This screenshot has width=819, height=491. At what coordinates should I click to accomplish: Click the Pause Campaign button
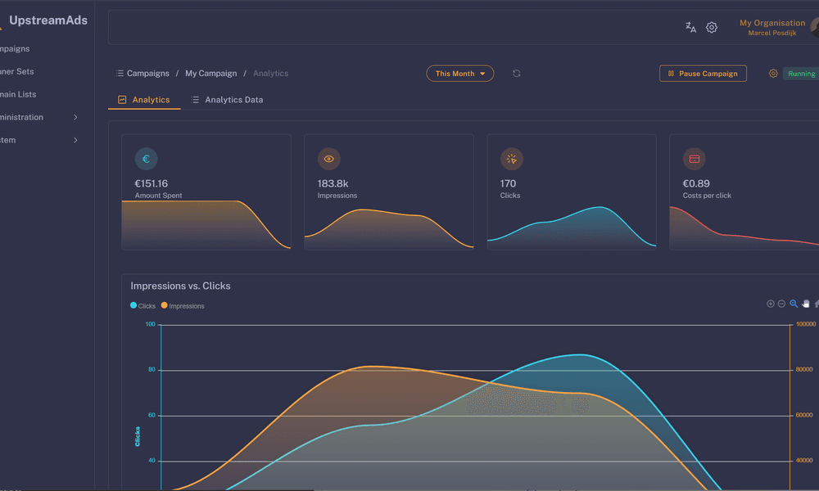point(703,74)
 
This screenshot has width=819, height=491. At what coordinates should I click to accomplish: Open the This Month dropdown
point(459,74)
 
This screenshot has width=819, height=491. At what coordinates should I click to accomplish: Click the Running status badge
point(800,74)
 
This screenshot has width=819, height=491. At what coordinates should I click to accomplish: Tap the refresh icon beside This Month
point(517,74)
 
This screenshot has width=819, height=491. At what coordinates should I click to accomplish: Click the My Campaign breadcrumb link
point(210,74)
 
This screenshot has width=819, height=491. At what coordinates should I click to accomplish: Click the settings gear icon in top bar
point(712,27)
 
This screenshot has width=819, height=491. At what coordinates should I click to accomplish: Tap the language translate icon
point(690,27)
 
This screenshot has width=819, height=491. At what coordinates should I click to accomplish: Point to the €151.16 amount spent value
point(152,183)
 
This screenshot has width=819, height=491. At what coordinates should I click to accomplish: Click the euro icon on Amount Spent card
point(146,159)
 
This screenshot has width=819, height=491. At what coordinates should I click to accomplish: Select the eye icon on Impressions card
point(328,159)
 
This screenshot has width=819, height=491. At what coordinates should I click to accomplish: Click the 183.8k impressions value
point(333,183)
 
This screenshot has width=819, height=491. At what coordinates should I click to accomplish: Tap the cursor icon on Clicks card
point(511,159)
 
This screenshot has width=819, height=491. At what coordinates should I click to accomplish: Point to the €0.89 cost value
point(696,183)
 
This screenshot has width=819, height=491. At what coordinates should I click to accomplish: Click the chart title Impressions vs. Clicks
point(180,286)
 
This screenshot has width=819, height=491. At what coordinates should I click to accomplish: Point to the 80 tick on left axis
point(150,370)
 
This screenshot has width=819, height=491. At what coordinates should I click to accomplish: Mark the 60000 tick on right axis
point(803,416)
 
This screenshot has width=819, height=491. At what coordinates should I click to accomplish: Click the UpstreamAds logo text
point(48,20)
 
